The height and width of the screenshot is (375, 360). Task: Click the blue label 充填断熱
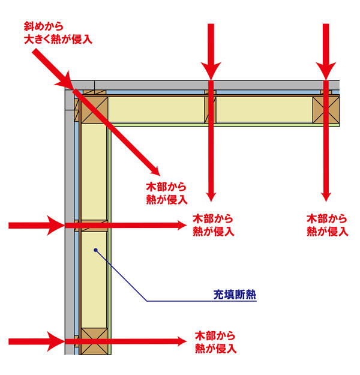click(x=235, y=295)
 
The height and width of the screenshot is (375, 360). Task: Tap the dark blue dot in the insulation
click(x=95, y=250)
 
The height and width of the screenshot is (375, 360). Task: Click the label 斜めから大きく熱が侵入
click(x=58, y=33)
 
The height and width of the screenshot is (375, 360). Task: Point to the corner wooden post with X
click(x=94, y=110)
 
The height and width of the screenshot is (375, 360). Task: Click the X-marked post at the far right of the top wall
click(x=326, y=110)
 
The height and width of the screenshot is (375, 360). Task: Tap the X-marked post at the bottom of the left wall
click(x=94, y=341)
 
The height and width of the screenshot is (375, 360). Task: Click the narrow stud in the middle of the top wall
click(x=210, y=110)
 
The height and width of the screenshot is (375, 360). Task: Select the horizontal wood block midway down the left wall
click(x=94, y=226)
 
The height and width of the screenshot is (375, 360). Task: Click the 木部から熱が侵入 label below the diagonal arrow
click(x=167, y=193)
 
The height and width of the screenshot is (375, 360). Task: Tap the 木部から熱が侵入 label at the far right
click(x=328, y=225)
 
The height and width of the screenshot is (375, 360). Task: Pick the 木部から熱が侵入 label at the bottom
click(x=216, y=342)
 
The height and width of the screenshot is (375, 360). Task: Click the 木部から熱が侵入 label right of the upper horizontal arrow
click(x=214, y=225)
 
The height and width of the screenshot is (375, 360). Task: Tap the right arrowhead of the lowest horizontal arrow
click(x=182, y=341)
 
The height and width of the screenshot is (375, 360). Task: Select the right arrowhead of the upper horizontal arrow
click(x=182, y=225)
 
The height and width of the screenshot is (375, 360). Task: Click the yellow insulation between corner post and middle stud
click(x=156, y=110)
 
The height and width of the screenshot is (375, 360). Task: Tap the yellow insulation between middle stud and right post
click(x=265, y=110)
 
